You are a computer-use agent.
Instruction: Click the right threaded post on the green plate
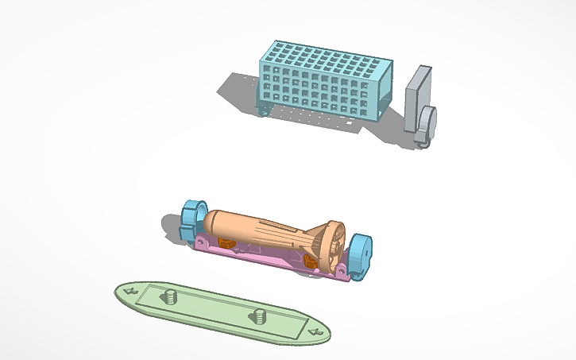point(258,317)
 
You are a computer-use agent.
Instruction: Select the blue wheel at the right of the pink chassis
point(361,254)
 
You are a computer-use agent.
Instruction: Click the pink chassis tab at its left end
point(201,241)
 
